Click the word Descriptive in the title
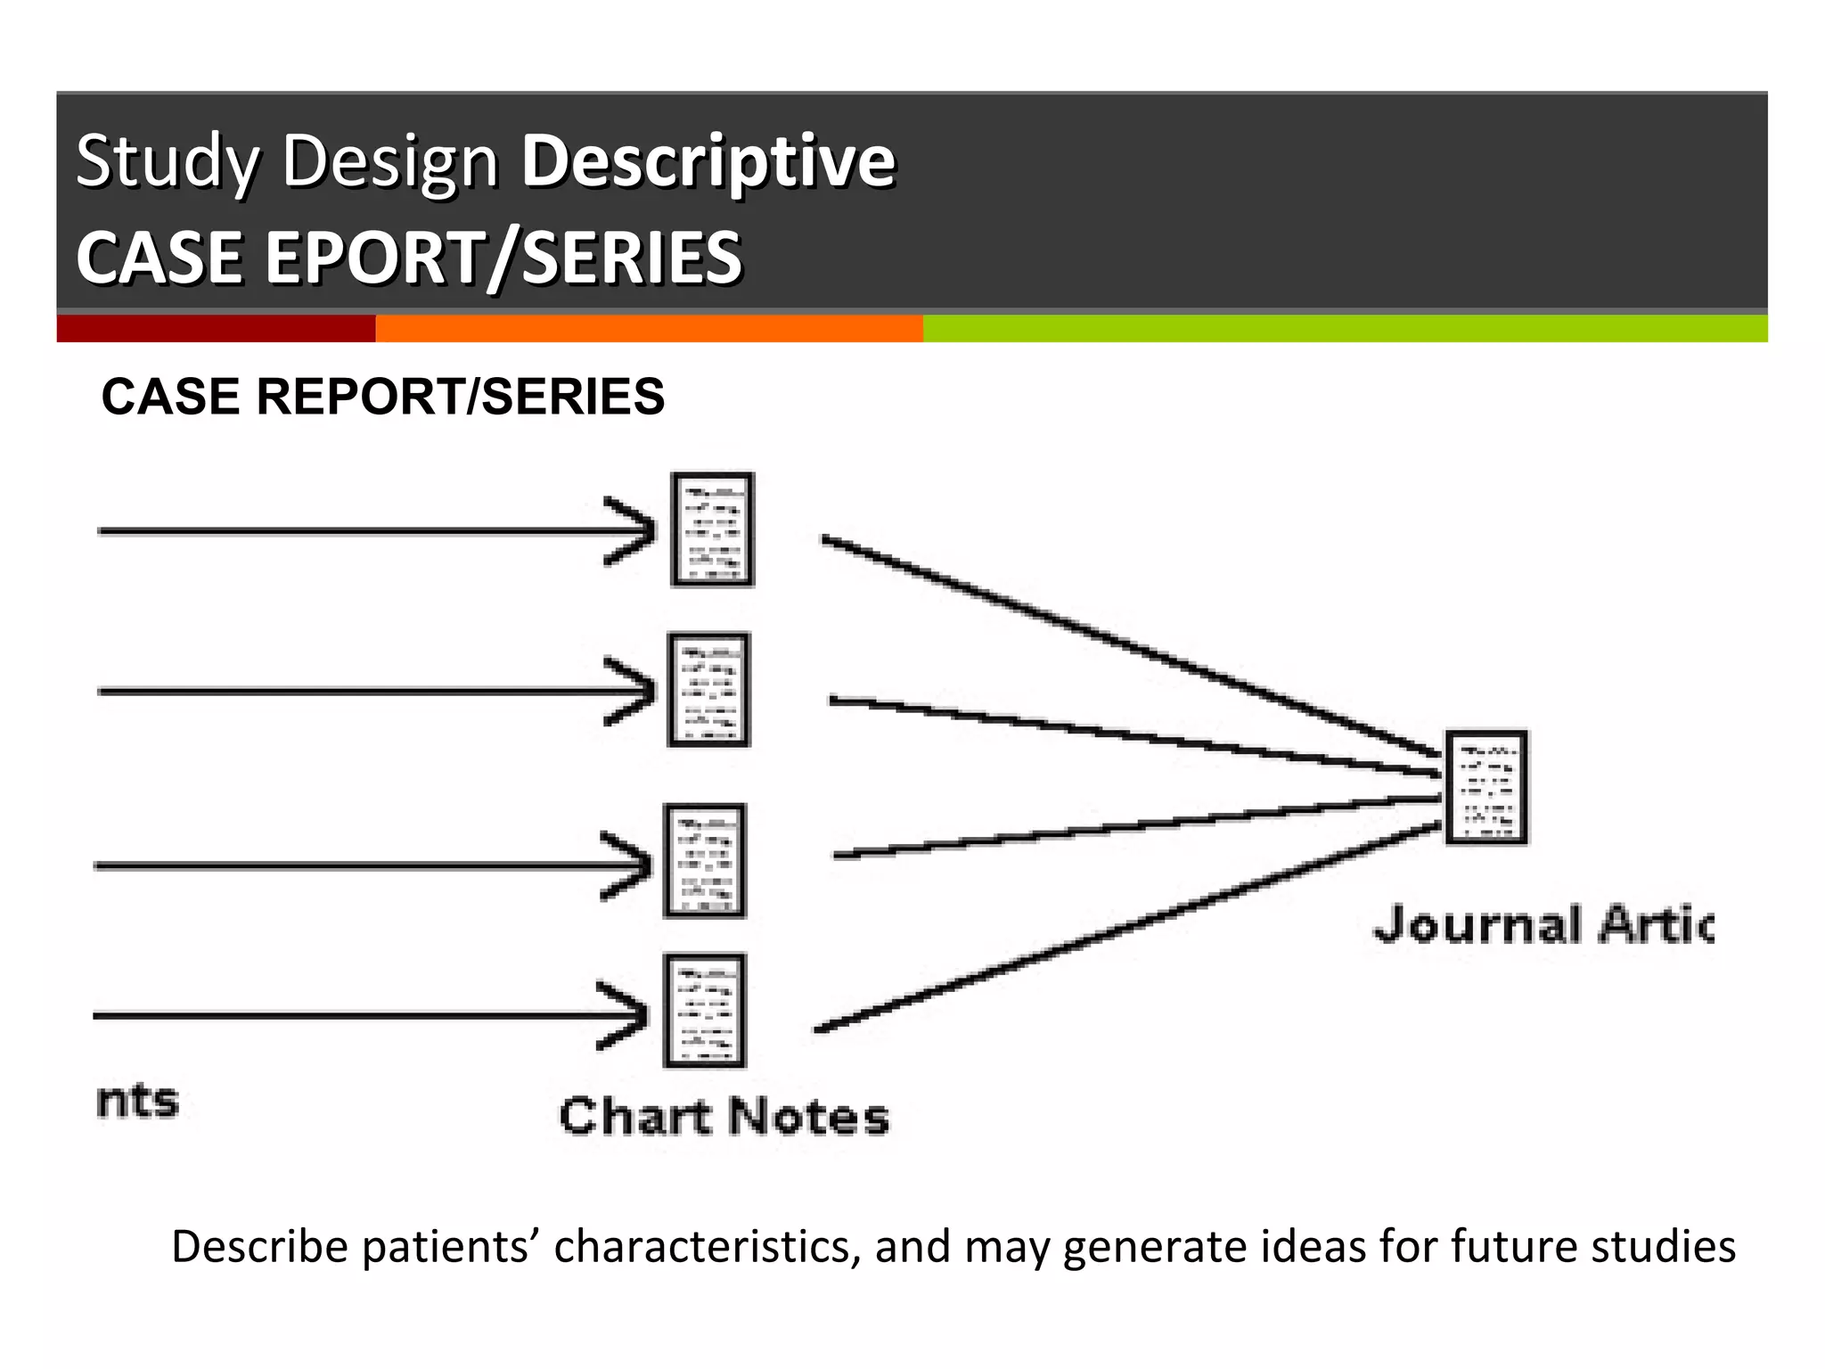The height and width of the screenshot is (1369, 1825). click(708, 161)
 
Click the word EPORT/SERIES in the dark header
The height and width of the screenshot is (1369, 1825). click(503, 258)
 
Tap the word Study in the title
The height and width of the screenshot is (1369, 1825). click(168, 161)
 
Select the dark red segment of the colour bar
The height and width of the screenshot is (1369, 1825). click(216, 328)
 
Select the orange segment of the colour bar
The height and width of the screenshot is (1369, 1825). click(649, 328)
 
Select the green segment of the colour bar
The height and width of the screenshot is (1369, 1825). click(1344, 328)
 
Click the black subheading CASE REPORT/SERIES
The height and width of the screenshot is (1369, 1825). click(383, 397)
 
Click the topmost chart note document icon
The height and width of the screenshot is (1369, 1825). click(712, 529)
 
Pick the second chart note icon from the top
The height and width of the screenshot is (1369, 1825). click(709, 690)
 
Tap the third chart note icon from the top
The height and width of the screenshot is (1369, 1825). click(704, 861)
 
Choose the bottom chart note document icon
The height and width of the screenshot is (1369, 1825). click(704, 1011)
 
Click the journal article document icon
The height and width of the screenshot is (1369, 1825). click(1485, 787)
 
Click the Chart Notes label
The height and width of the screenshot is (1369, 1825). click(724, 1117)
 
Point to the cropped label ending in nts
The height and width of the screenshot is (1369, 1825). click(137, 1102)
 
